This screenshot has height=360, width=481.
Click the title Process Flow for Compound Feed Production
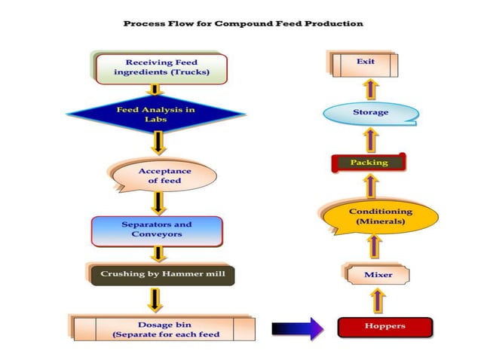(x=243, y=23)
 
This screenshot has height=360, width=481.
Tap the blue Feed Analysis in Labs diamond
(x=156, y=114)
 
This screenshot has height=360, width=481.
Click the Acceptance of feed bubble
(x=164, y=176)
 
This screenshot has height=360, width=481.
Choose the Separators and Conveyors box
(x=157, y=230)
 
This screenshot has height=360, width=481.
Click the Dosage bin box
(x=164, y=328)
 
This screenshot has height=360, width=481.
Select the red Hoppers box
(x=385, y=326)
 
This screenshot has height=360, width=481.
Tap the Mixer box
(x=378, y=275)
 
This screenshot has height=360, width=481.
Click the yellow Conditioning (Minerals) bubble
(x=381, y=217)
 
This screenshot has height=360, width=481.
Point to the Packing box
(x=369, y=163)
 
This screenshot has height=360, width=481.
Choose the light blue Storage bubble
(x=370, y=113)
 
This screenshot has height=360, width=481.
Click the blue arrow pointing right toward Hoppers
(x=297, y=327)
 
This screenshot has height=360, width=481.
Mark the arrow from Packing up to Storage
(x=370, y=139)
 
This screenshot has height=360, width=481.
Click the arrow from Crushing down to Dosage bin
(x=155, y=299)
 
